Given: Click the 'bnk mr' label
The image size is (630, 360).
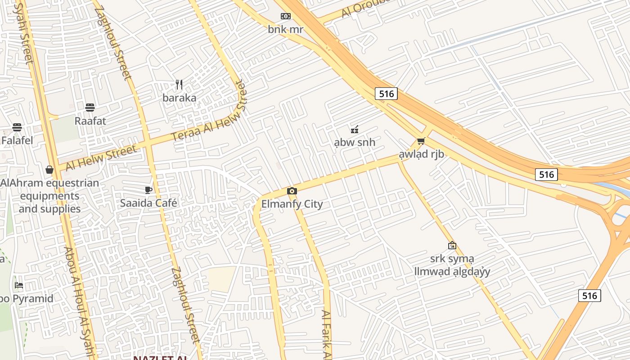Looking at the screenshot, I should click(x=285, y=30).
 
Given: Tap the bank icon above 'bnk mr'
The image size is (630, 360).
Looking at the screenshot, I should click(x=285, y=16).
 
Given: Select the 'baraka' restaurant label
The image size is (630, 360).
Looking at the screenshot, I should click(x=180, y=98).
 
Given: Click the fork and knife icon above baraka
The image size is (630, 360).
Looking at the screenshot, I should click(x=179, y=85).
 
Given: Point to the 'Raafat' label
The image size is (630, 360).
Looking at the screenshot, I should click(x=90, y=121).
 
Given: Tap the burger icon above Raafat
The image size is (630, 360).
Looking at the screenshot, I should click(x=90, y=108).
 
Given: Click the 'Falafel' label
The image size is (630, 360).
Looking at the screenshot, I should click(x=17, y=140).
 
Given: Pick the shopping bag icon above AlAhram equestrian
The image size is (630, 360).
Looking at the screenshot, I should click(x=49, y=170).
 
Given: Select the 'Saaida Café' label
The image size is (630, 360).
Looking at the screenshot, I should click(x=148, y=203).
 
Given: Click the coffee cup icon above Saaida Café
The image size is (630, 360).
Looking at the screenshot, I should click(x=148, y=190).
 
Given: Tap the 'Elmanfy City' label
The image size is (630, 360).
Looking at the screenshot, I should click(x=292, y=204).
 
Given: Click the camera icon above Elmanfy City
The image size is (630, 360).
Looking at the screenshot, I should click(x=292, y=191).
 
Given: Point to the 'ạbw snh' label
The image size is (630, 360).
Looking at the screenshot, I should click(x=355, y=143).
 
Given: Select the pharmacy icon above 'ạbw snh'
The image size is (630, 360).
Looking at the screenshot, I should click(x=355, y=130).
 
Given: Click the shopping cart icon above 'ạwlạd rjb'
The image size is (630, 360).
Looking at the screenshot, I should click(x=421, y=141).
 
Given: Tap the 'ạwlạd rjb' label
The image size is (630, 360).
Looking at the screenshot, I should click(x=421, y=154).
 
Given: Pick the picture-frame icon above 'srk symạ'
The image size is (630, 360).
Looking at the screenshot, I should click(x=452, y=245).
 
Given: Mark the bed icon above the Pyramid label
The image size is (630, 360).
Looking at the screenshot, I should click(x=18, y=285).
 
